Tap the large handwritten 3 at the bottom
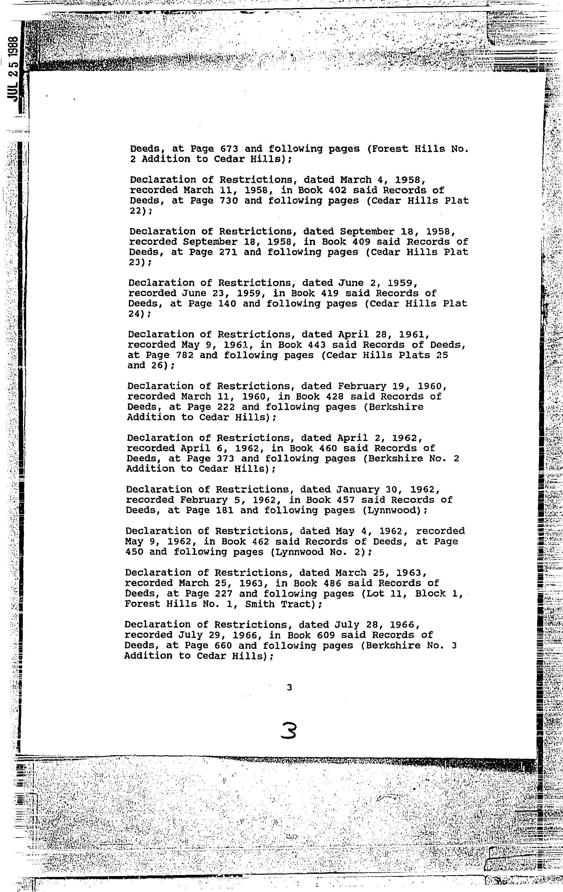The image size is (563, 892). [289, 731]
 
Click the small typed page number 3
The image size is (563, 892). [289, 688]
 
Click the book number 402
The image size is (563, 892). [348, 190]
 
